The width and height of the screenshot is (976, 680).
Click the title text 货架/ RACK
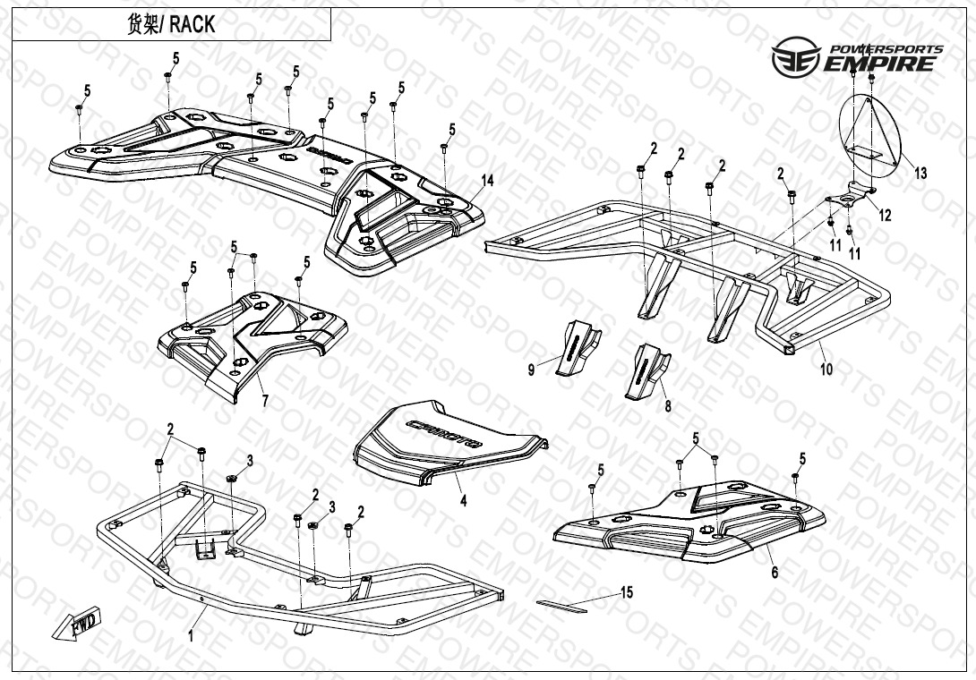(171, 24)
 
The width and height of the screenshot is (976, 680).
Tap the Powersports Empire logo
(857, 58)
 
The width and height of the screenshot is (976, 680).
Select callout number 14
(486, 181)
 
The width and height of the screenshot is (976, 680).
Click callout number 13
(920, 174)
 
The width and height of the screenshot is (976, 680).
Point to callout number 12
(885, 216)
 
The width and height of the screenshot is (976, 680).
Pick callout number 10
(826, 368)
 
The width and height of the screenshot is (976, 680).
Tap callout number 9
(531, 370)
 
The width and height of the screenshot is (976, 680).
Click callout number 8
(667, 406)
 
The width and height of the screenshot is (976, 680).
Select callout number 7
(264, 402)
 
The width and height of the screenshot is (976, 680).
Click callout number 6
(775, 573)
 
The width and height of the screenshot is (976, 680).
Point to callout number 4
(463, 501)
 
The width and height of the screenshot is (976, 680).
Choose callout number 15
(626, 592)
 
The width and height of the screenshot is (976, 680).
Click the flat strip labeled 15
(561, 605)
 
